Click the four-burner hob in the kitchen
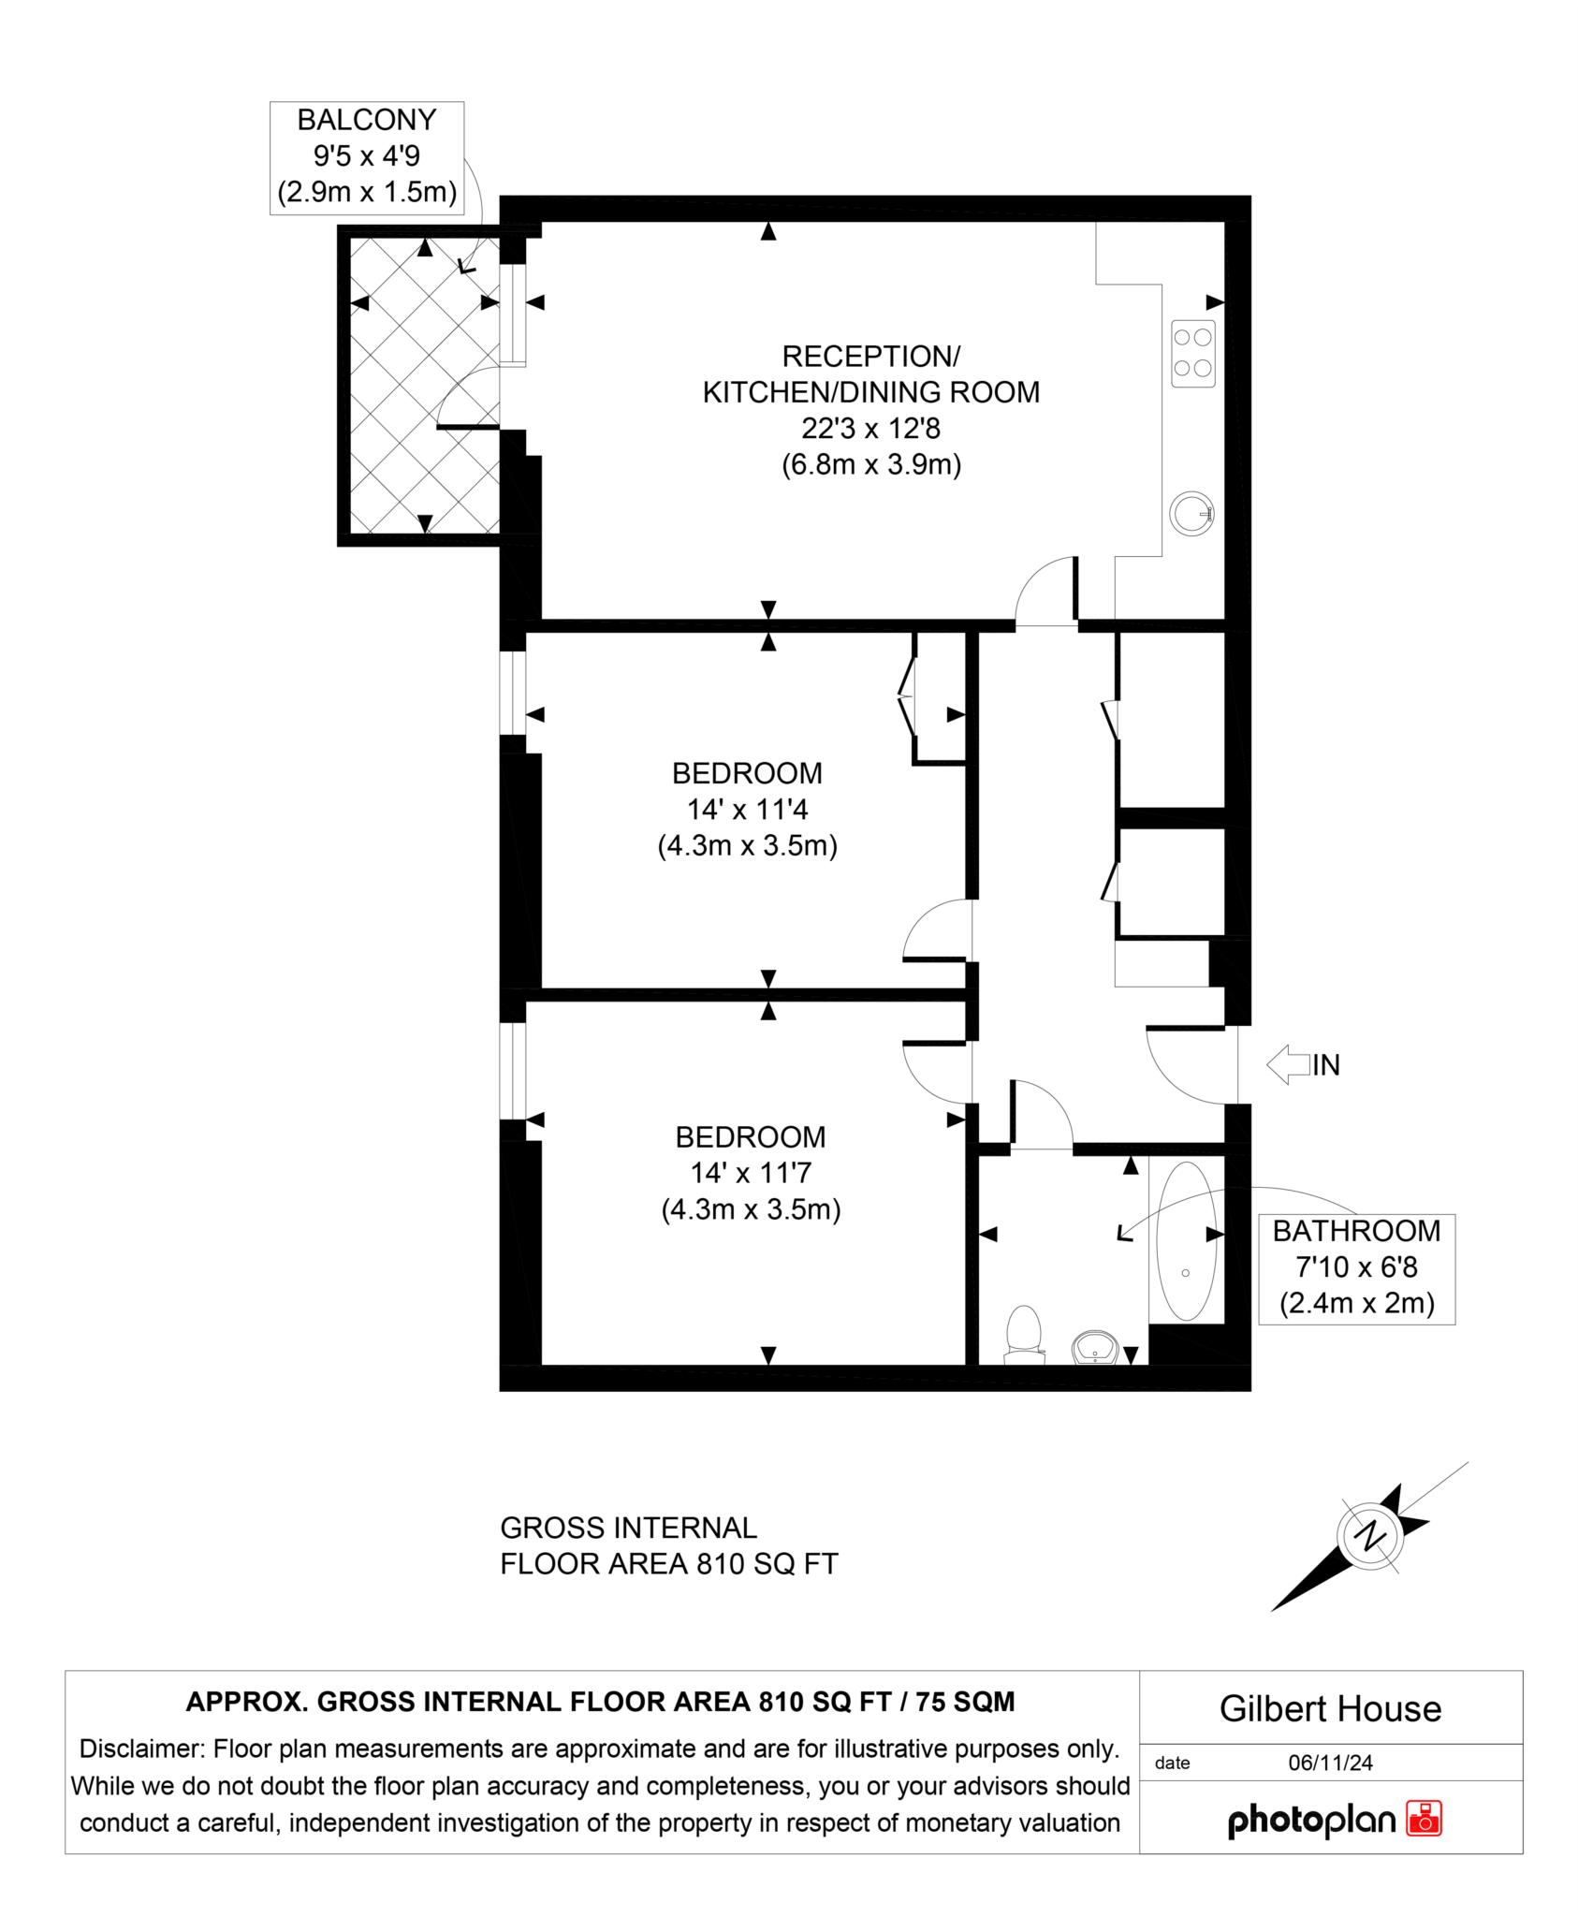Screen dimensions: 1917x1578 pyautogui.click(x=1193, y=353)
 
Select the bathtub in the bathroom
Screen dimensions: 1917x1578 pyautogui.click(x=1187, y=1241)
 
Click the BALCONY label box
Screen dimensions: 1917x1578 pyautogui.click(x=367, y=157)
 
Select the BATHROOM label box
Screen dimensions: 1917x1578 pyautogui.click(x=1356, y=1267)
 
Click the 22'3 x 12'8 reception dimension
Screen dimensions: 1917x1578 pyautogui.click(x=870, y=429)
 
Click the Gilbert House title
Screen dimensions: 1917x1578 pyautogui.click(x=1330, y=1709)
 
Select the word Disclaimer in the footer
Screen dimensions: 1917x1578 pyautogui.click(x=141, y=1749)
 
